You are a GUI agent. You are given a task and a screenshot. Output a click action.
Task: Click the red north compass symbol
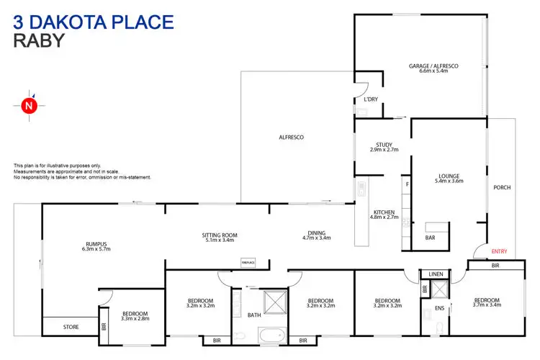(x=28, y=106)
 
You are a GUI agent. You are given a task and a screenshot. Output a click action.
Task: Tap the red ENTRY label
(x=499, y=251)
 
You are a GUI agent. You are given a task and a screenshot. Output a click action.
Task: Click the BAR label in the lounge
(x=431, y=237)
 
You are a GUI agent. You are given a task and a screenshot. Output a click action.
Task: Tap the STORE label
(x=71, y=328)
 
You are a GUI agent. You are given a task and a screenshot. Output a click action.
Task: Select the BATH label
(x=253, y=315)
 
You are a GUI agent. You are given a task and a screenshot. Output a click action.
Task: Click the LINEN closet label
(x=436, y=274)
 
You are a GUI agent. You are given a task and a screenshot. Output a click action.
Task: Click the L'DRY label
(x=371, y=99)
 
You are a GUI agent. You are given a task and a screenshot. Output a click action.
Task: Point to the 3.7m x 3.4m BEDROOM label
(x=487, y=302)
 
